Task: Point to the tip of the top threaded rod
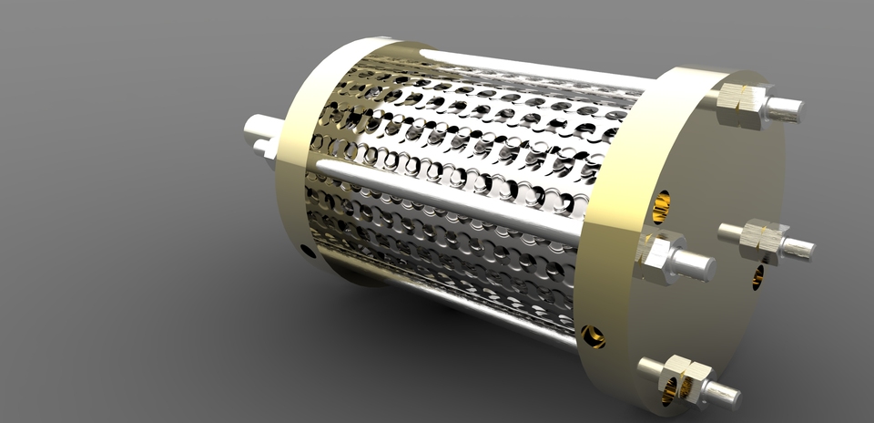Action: click(787, 109)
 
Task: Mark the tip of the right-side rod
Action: click(800, 247)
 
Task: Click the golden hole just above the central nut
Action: click(660, 207)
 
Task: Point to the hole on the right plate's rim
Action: click(594, 336)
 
